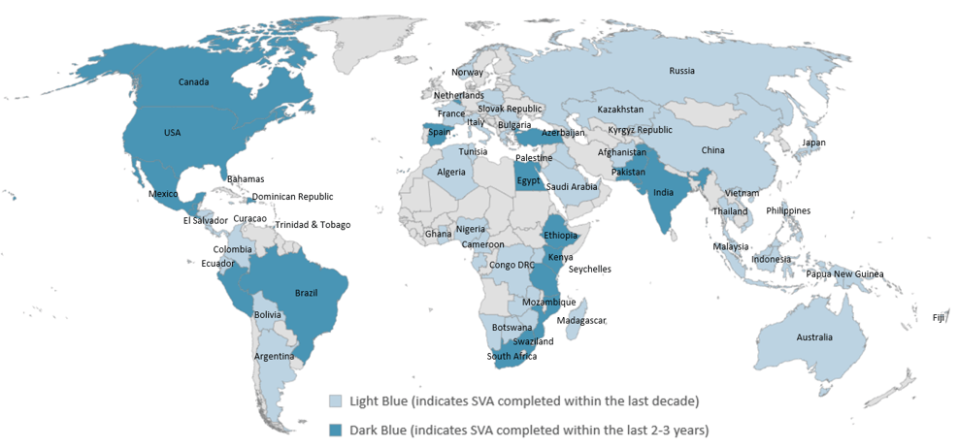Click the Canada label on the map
194,81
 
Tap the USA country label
172,132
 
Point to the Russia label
682,70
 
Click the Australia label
813,337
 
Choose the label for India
664,192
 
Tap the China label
712,150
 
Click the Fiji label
938,317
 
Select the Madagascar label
581,321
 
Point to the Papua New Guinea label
844,274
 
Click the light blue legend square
335,400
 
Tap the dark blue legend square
335,429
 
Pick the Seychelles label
589,269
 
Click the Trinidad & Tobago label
313,225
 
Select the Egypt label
528,180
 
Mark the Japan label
812,143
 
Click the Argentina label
275,357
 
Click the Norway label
467,72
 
